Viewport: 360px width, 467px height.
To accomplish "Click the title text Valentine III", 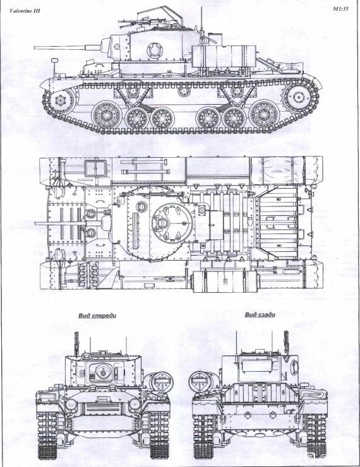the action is [25, 11].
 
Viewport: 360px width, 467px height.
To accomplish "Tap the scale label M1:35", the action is [340, 9].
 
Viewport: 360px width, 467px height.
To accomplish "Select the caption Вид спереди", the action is [97, 316].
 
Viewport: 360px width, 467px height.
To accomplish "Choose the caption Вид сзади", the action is [260, 315].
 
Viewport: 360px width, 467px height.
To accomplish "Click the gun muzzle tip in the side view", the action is [34, 47].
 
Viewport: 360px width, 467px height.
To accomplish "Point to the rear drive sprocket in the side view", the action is [298, 97].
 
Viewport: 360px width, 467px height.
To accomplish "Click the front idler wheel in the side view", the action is [60, 100].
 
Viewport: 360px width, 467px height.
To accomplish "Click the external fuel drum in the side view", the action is [224, 56].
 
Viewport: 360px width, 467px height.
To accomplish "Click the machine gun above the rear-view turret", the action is [286, 342].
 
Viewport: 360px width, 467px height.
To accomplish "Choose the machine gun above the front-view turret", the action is [76, 344].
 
